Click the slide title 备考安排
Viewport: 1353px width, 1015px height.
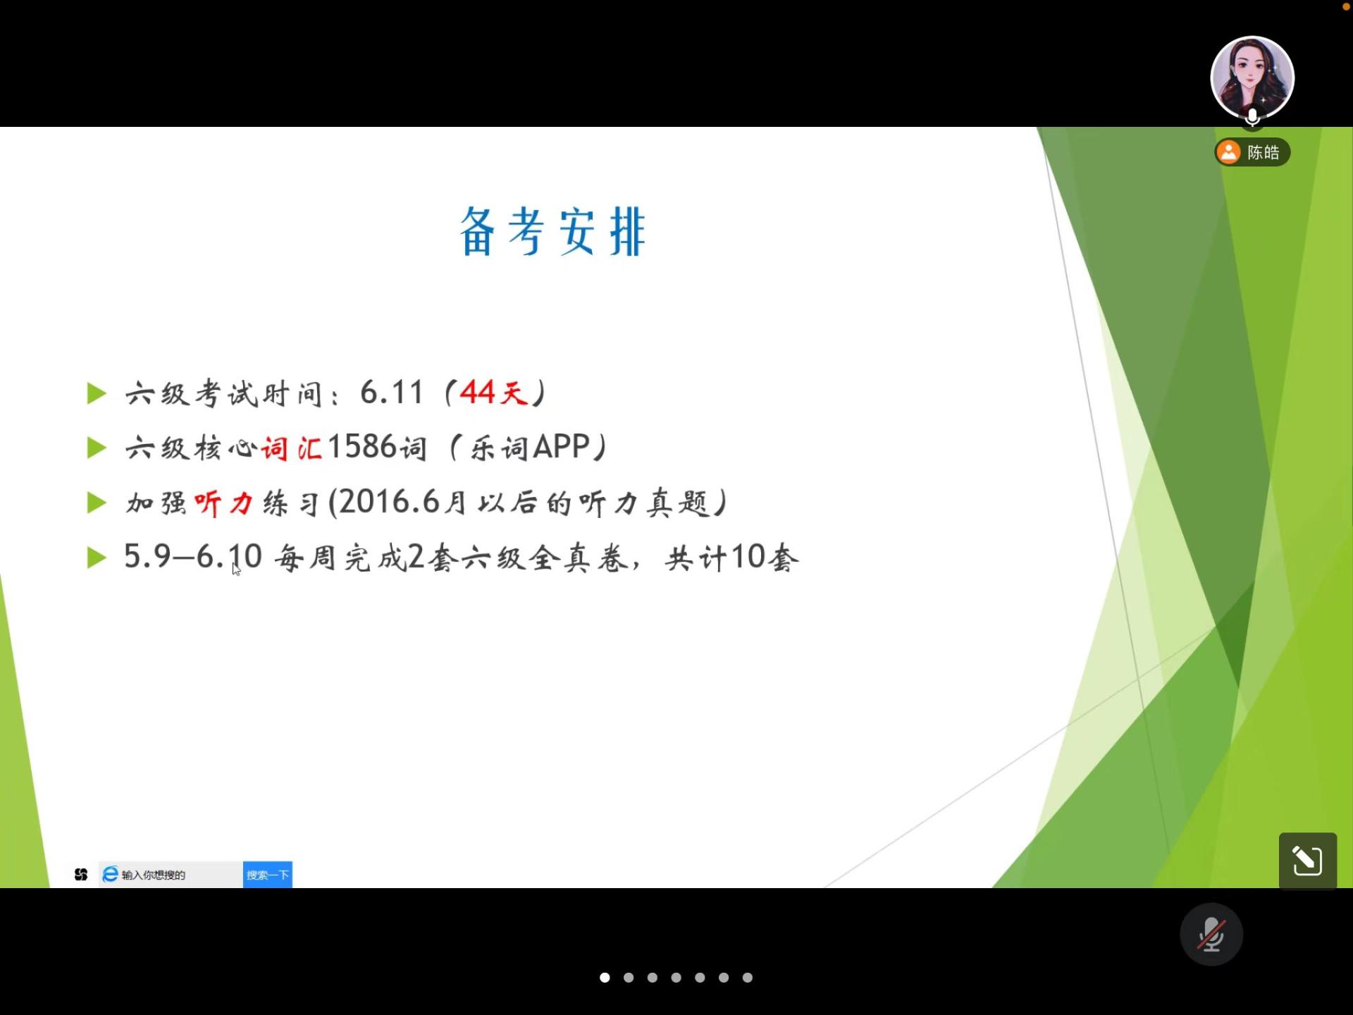[x=552, y=232]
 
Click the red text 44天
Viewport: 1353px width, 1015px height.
[x=494, y=393]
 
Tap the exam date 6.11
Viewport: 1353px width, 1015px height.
[x=392, y=393]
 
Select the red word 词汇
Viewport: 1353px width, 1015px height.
[x=292, y=448]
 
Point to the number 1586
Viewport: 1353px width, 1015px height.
[x=362, y=447]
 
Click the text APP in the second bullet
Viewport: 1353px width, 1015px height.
[x=562, y=447]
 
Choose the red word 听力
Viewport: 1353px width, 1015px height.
[x=223, y=503]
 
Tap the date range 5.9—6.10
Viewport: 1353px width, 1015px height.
[x=194, y=557]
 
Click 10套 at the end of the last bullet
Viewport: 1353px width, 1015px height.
[x=765, y=558]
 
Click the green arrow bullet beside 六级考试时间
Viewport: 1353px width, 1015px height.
[x=97, y=393]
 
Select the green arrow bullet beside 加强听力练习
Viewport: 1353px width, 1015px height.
[x=97, y=503]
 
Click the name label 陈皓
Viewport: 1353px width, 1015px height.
[x=1263, y=152]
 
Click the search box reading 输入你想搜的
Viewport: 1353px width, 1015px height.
[x=171, y=875]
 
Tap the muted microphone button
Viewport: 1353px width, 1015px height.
[x=1211, y=935]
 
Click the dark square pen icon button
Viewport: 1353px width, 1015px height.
[x=1308, y=861]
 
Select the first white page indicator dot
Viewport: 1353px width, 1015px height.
[x=605, y=978]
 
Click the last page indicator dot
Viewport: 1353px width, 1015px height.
[x=748, y=978]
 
